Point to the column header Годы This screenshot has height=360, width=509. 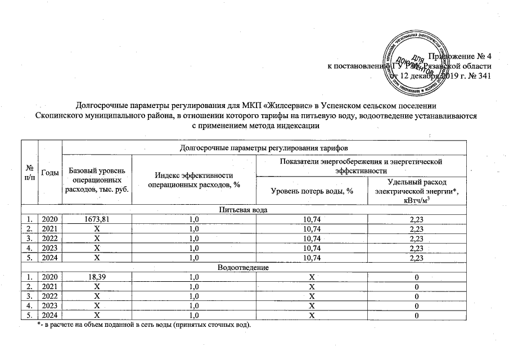tap(49, 172)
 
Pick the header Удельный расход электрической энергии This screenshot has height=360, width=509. tap(416, 192)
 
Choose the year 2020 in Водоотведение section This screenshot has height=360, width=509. tap(49, 277)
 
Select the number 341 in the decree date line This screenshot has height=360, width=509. tap(484, 76)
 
